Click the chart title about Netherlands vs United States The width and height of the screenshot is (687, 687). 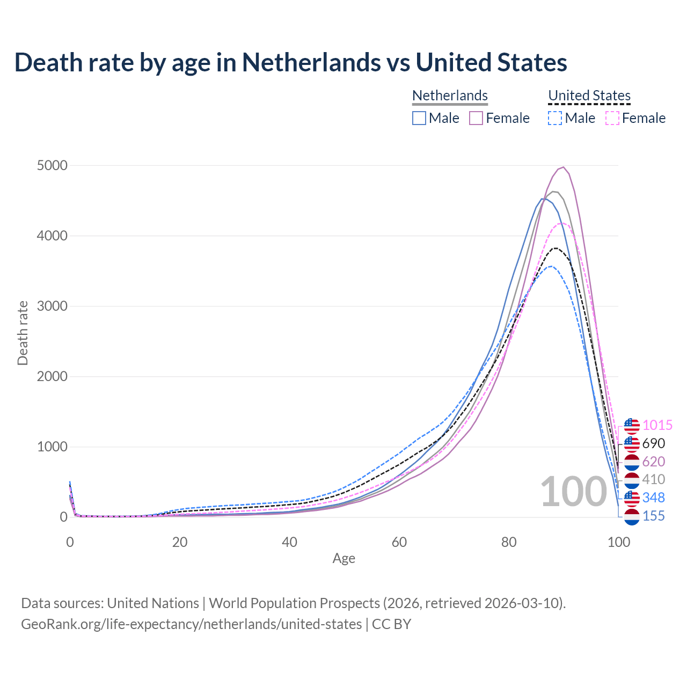(290, 62)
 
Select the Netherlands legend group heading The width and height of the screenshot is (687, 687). (450, 96)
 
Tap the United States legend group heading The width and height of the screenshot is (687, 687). (589, 96)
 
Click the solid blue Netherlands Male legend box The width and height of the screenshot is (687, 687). (419, 118)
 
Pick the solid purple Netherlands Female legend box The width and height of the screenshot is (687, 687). (476, 118)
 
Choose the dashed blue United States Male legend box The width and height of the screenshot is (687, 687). (555, 118)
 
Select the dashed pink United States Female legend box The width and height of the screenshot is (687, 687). (612, 118)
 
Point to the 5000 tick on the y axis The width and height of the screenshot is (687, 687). (52, 165)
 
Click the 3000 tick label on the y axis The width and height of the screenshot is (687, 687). (52, 306)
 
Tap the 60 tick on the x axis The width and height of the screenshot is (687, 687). (399, 542)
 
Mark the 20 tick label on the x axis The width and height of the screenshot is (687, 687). (180, 542)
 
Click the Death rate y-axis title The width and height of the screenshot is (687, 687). (23, 333)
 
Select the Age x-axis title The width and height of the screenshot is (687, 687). (343, 559)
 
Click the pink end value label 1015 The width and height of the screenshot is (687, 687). (657, 426)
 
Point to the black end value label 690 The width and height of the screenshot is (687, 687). (653, 444)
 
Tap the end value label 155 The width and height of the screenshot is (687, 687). (653, 516)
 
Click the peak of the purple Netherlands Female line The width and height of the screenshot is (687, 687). (563, 167)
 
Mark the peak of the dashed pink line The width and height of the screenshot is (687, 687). (561, 223)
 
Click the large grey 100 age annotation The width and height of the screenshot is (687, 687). (573, 492)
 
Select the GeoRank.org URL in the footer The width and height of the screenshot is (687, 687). (191, 624)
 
